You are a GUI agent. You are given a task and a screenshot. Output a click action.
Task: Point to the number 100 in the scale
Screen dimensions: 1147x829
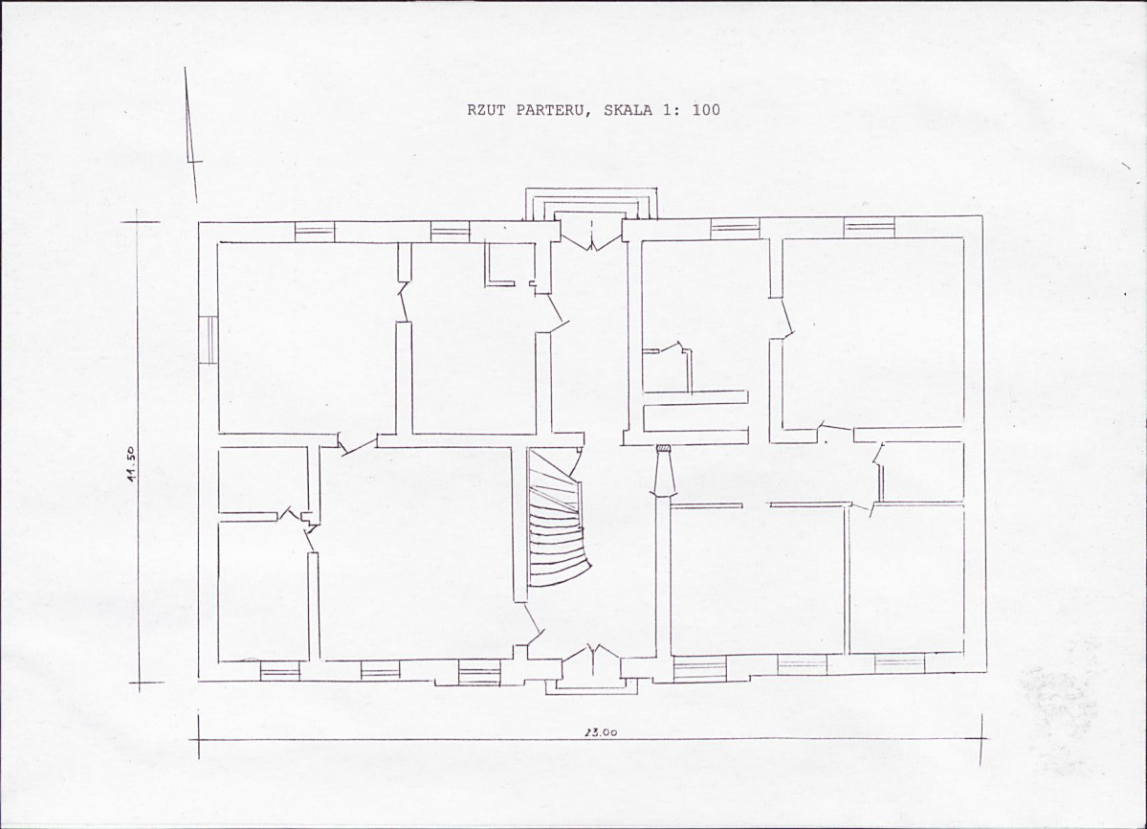pyautogui.click(x=705, y=110)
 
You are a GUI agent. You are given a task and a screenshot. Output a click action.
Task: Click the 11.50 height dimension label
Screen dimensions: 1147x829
pyautogui.click(x=132, y=467)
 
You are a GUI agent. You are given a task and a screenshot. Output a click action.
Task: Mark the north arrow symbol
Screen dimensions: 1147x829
pyautogui.click(x=192, y=135)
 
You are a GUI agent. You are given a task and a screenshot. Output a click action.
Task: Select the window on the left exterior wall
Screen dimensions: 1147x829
pyautogui.click(x=209, y=339)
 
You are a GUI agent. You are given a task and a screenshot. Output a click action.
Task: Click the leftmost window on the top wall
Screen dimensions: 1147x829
pyautogui.click(x=315, y=232)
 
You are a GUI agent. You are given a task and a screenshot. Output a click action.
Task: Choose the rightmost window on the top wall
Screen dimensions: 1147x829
pyautogui.click(x=870, y=227)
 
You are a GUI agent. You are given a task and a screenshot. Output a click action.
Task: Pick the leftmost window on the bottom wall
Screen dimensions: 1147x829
pyautogui.click(x=280, y=671)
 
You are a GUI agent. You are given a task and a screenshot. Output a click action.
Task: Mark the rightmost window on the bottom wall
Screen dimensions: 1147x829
pyautogui.click(x=900, y=664)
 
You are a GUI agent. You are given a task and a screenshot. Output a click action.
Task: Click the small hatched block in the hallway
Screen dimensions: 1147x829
pyautogui.click(x=664, y=449)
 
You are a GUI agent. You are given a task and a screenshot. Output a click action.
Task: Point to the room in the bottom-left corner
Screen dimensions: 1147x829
pyautogui.click(x=263, y=592)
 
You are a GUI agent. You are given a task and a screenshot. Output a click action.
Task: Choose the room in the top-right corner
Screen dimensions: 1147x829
pyautogui.click(x=872, y=330)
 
